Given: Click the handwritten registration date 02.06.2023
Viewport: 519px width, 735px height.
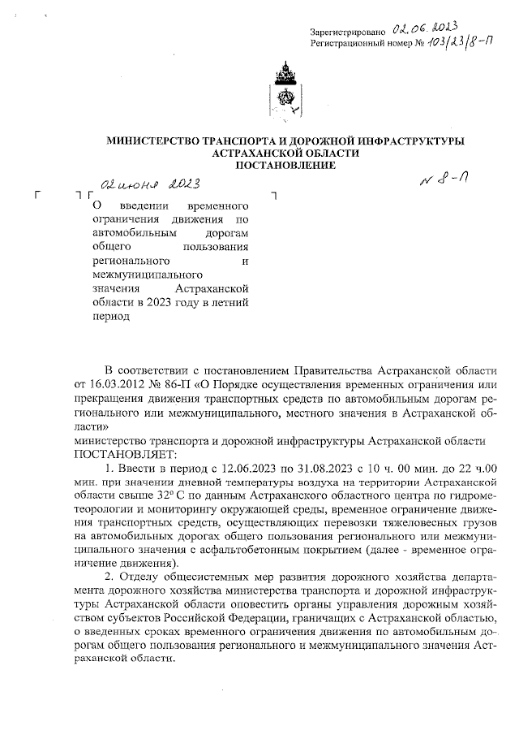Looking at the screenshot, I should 412,30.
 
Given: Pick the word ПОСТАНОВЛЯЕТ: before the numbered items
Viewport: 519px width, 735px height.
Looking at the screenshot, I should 119,453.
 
